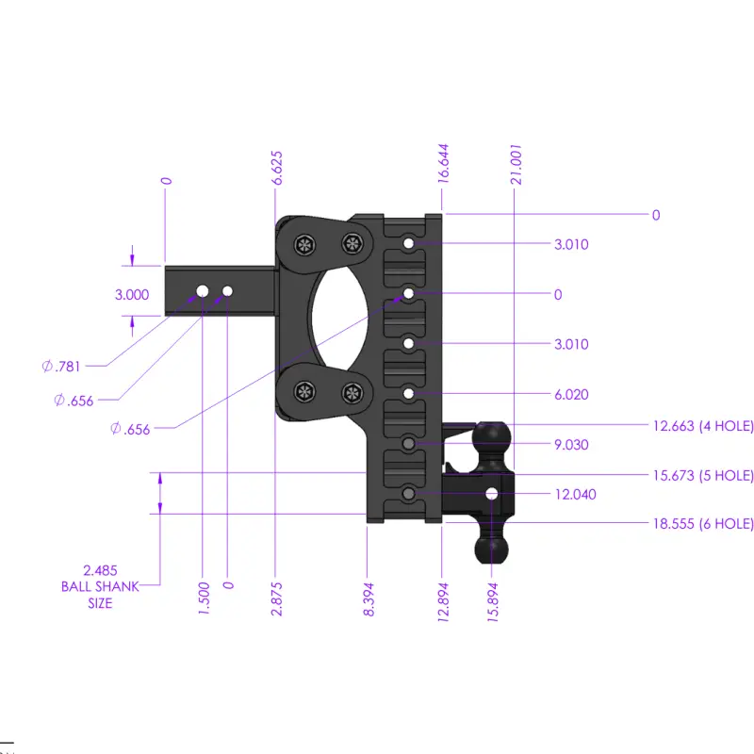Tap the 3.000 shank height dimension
132,294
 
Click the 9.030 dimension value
571,444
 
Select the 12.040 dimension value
575,494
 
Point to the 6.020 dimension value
571,394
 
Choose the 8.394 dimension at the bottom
369,596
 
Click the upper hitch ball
492,438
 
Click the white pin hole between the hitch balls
491,494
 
